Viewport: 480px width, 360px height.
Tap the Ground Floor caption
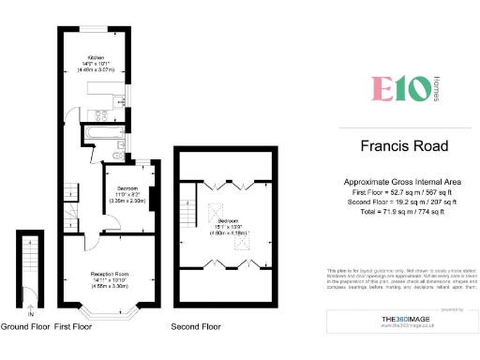click(x=24, y=327)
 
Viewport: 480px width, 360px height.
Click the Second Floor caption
click(x=195, y=327)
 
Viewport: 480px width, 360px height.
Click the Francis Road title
click(x=404, y=146)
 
